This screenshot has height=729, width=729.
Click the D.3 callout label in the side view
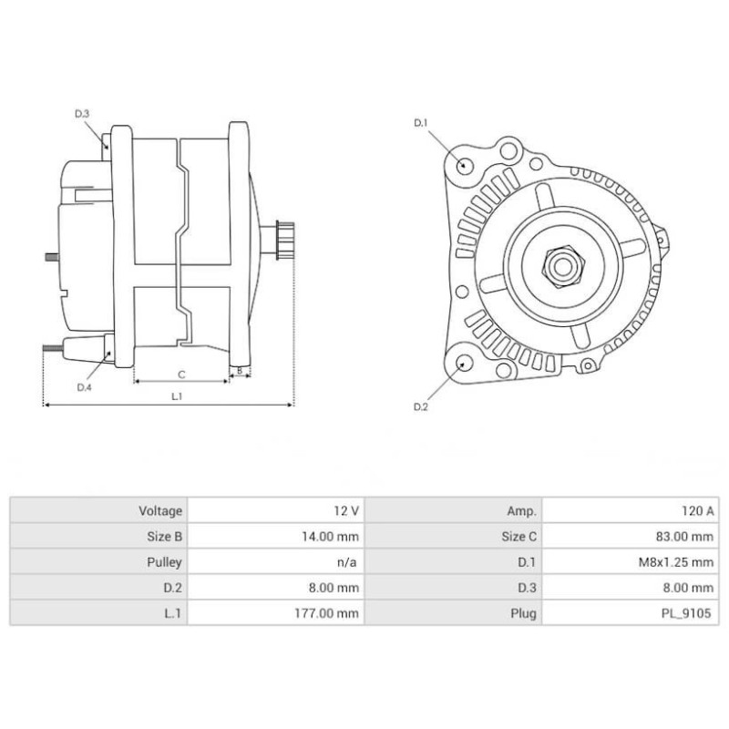pos(82,114)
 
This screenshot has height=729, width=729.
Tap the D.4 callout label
pos(84,387)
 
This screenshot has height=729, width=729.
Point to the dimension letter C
pos(181,374)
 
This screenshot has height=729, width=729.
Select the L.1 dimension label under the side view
pos(177,396)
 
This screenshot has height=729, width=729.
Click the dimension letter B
pos(239,371)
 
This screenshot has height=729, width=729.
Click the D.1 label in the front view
pos(420,122)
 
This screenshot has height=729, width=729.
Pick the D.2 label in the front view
pos(420,406)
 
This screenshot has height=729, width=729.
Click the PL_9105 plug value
pos(690,613)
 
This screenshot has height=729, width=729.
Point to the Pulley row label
pos(165,562)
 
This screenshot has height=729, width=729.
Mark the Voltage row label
pos(161,511)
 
